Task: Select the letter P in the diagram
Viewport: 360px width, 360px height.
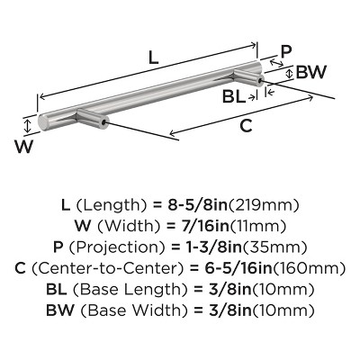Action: click(286, 51)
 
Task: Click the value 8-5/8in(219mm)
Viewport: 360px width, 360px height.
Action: click(233, 204)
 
